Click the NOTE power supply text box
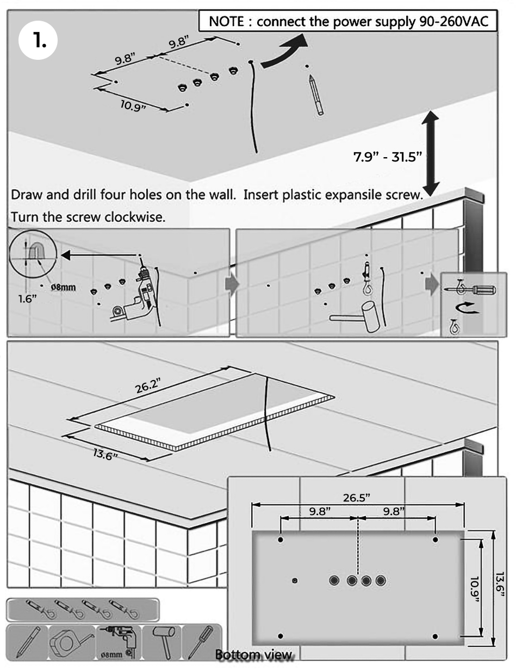click(347, 22)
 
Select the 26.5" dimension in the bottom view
click(356, 498)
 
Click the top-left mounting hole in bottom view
click(281, 540)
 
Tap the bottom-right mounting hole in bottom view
click(434, 636)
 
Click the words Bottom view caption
click(254, 655)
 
